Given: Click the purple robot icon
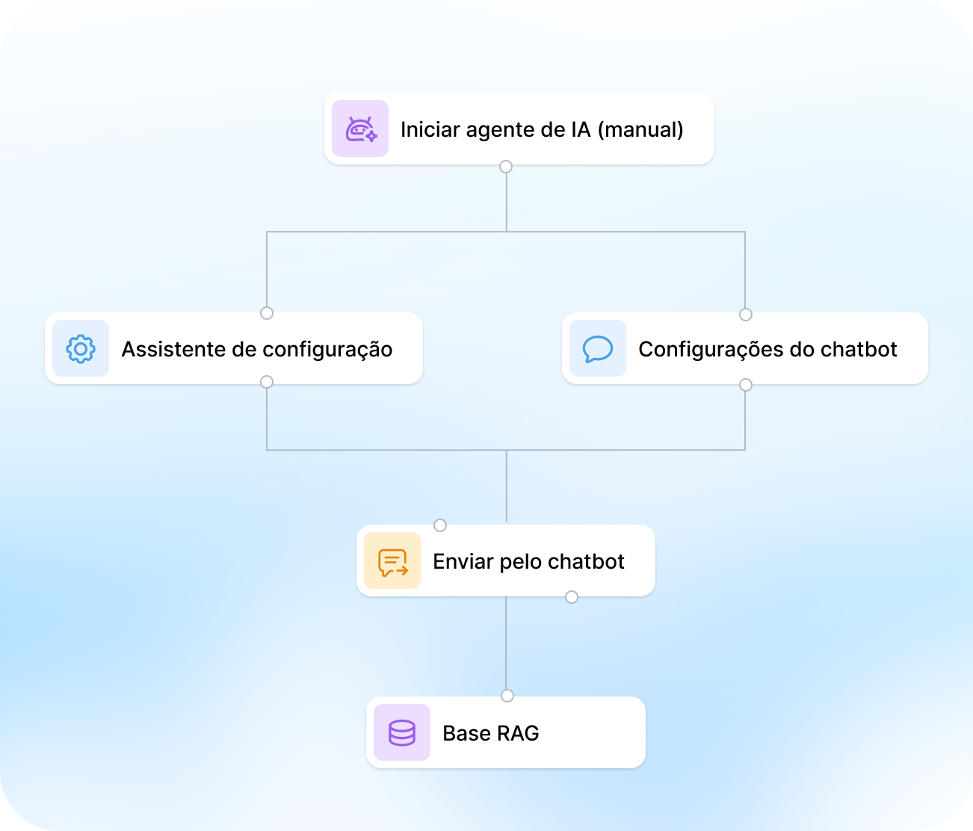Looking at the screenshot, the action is pos(361,129).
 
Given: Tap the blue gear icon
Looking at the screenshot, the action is pos(81,349).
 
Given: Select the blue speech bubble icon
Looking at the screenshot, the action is pos(597,349).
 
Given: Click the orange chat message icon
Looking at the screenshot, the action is pos(392,562).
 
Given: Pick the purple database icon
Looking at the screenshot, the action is pos(401,733).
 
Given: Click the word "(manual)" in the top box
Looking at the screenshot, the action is pos(640,129).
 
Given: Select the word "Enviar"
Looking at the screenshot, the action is pos(463,562).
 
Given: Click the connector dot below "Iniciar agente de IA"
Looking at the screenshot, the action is pos(506,167).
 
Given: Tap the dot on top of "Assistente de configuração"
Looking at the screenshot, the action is pos(267,313).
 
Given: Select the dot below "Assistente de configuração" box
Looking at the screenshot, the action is pos(267,382).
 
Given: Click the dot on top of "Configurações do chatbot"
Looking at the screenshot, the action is pos(746,315).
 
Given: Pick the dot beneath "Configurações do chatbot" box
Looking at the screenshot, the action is pos(746,385).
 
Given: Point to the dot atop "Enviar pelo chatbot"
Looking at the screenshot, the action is pos(440,525).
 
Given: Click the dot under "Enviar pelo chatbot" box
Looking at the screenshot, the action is pos(572,597).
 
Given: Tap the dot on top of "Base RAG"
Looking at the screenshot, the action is pos(507,696).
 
